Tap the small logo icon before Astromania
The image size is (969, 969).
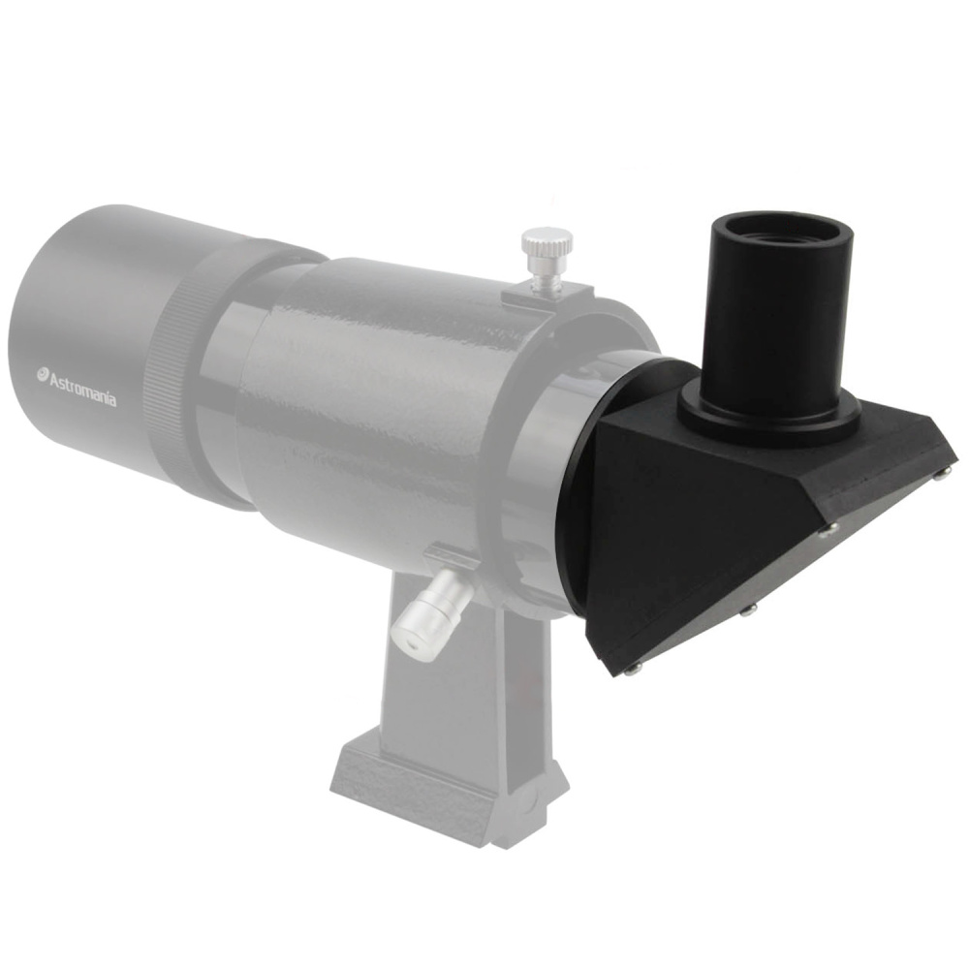43,373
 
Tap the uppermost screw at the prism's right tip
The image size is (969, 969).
943,472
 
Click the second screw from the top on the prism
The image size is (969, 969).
828,529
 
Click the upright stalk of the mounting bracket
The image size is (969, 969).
455,678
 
